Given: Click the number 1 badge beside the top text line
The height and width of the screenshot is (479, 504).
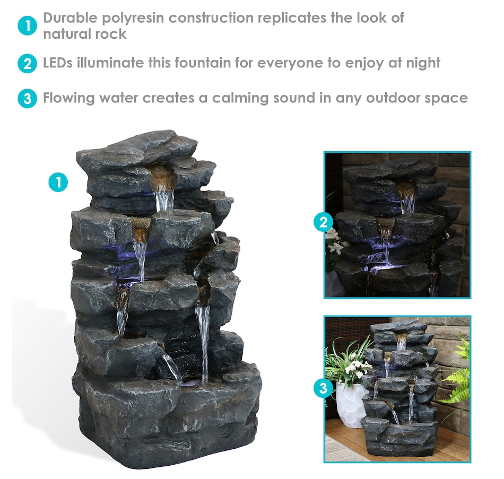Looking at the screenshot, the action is click(x=27, y=25).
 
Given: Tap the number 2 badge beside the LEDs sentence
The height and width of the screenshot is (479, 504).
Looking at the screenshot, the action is click(x=27, y=63).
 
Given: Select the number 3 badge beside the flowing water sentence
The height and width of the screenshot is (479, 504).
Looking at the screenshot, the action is click(x=27, y=98).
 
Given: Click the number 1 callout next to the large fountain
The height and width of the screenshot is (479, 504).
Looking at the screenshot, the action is click(x=58, y=182).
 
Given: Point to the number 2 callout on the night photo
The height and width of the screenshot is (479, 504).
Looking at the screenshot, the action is click(x=324, y=222).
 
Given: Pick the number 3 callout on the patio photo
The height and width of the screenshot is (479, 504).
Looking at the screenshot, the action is click(x=324, y=388).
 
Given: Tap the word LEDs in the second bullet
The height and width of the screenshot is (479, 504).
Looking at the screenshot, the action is click(x=57, y=63).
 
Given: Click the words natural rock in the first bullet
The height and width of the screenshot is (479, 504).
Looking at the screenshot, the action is click(x=85, y=34).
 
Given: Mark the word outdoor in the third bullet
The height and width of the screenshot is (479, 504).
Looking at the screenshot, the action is click(x=393, y=98).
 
